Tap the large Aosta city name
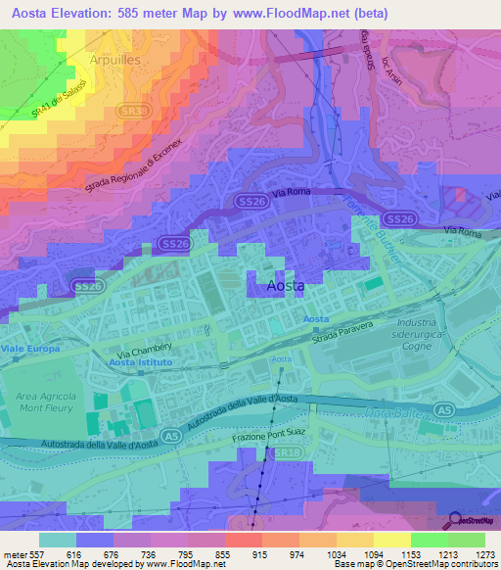point(286,285)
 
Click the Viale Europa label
point(30,349)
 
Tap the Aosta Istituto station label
point(141,362)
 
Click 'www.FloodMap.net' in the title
point(301,13)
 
